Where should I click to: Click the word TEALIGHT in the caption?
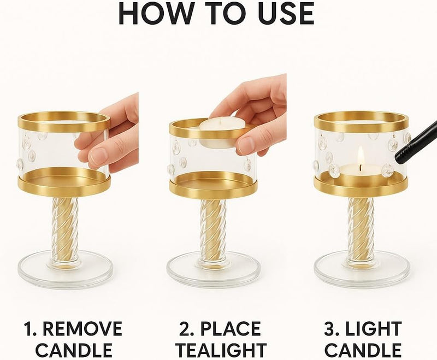tap(222, 350)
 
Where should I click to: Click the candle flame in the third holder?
tap(361, 157)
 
